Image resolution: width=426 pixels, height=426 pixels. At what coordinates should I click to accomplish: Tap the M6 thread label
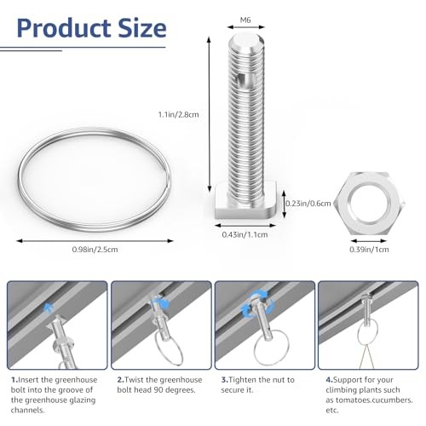point(245,20)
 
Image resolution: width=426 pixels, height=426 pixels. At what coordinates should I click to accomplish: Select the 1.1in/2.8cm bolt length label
point(178,115)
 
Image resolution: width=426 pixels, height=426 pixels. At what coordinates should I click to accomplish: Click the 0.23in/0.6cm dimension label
point(308,204)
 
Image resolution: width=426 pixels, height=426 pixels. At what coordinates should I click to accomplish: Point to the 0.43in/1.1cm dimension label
point(245,234)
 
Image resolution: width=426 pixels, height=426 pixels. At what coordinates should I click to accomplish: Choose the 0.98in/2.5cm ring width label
point(95,250)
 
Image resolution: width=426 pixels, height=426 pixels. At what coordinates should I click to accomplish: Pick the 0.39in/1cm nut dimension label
point(369,250)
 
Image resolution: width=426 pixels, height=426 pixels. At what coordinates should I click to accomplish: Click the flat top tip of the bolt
point(246,39)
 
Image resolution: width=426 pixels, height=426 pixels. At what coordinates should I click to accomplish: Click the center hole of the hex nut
point(369,203)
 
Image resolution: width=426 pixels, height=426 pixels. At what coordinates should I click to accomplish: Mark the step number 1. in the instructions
point(14,380)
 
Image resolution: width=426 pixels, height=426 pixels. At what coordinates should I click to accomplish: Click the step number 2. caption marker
point(121,380)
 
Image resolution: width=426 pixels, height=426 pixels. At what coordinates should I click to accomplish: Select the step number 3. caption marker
point(225,380)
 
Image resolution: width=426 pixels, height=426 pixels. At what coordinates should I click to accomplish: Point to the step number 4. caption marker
point(330,380)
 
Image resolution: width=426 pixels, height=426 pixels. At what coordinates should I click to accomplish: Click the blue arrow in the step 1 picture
point(49,308)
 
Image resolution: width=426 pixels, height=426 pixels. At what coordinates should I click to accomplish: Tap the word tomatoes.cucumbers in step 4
point(374,400)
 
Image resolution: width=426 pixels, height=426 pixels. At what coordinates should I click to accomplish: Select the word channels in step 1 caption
point(28,411)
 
